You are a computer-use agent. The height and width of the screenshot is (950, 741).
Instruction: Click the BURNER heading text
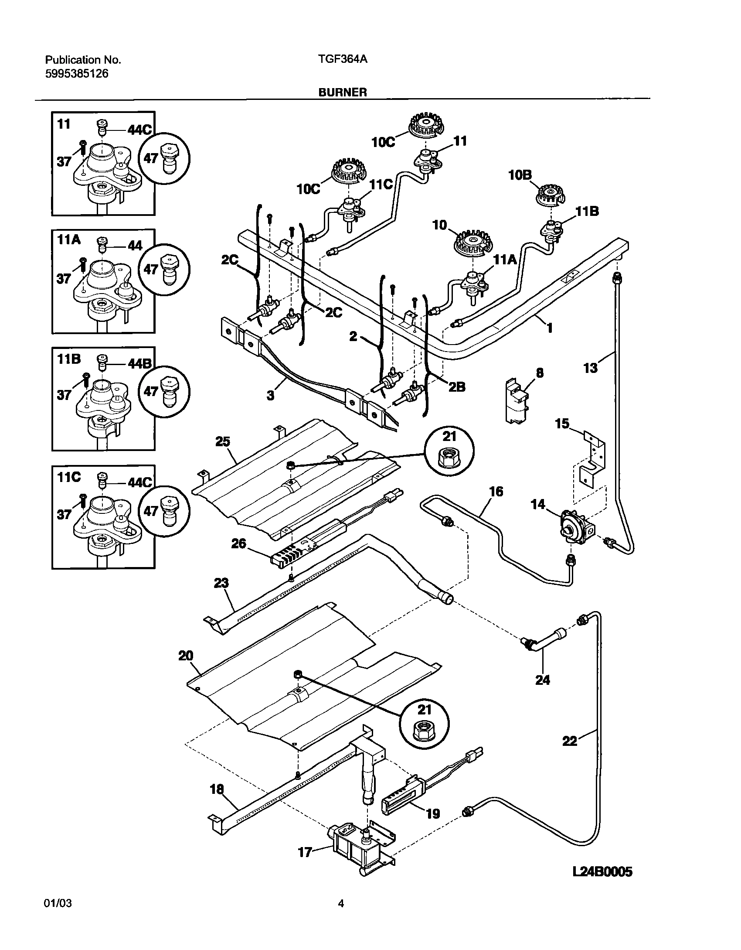[342, 92]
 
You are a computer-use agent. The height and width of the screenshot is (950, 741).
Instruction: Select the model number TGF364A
[343, 59]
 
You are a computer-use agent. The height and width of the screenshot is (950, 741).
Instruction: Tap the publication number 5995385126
[77, 74]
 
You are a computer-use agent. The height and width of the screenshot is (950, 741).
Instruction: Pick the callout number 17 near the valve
[305, 852]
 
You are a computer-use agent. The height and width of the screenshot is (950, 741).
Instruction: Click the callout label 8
[540, 373]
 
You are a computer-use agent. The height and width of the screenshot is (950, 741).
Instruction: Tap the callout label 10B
[520, 176]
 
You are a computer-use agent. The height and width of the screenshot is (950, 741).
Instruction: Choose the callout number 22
[570, 741]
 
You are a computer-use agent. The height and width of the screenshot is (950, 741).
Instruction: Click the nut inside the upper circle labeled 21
[449, 458]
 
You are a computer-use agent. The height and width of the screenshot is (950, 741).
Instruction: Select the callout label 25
[223, 441]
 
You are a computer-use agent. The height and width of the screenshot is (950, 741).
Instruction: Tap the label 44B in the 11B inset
[139, 363]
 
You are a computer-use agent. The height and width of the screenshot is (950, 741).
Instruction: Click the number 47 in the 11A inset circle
[151, 269]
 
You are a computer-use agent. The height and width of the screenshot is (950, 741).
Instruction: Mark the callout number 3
[271, 396]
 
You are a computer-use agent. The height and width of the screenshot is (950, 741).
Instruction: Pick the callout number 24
[543, 680]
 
